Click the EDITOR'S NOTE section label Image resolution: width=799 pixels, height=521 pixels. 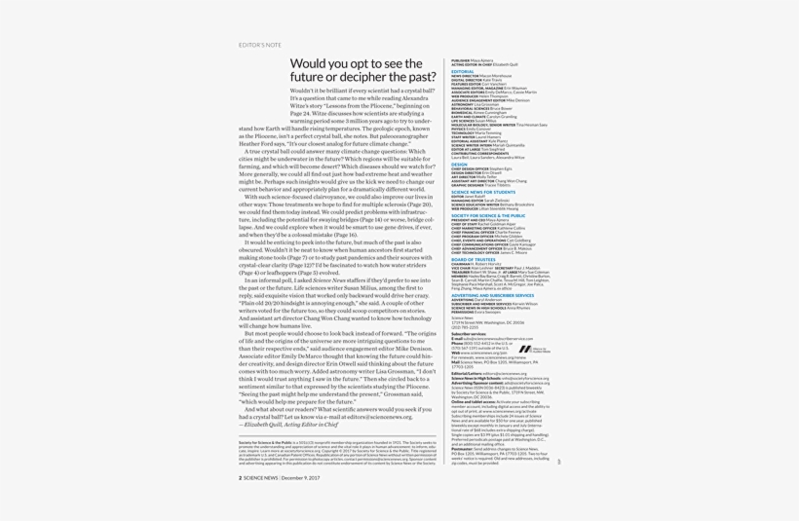(x=260, y=45)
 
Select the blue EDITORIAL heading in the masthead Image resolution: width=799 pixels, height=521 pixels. (x=463, y=71)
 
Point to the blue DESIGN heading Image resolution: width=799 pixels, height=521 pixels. (x=459, y=165)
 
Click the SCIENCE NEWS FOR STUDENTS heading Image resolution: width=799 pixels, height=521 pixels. (x=483, y=192)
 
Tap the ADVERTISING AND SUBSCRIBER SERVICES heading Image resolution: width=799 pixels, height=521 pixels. (x=492, y=295)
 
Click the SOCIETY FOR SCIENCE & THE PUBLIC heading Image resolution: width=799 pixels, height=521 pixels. (x=488, y=215)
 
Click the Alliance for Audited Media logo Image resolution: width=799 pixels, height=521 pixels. (x=534, y=349)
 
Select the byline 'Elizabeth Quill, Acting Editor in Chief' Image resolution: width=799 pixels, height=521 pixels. (x=289, y=425)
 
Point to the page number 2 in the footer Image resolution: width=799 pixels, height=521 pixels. (x=241, y=477)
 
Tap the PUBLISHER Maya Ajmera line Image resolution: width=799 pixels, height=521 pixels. (x=473, y=60)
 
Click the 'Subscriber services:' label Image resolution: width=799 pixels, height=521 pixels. (x=470, y=334)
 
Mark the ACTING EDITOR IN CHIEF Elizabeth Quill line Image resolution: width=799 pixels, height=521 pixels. (x=484, y=64)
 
